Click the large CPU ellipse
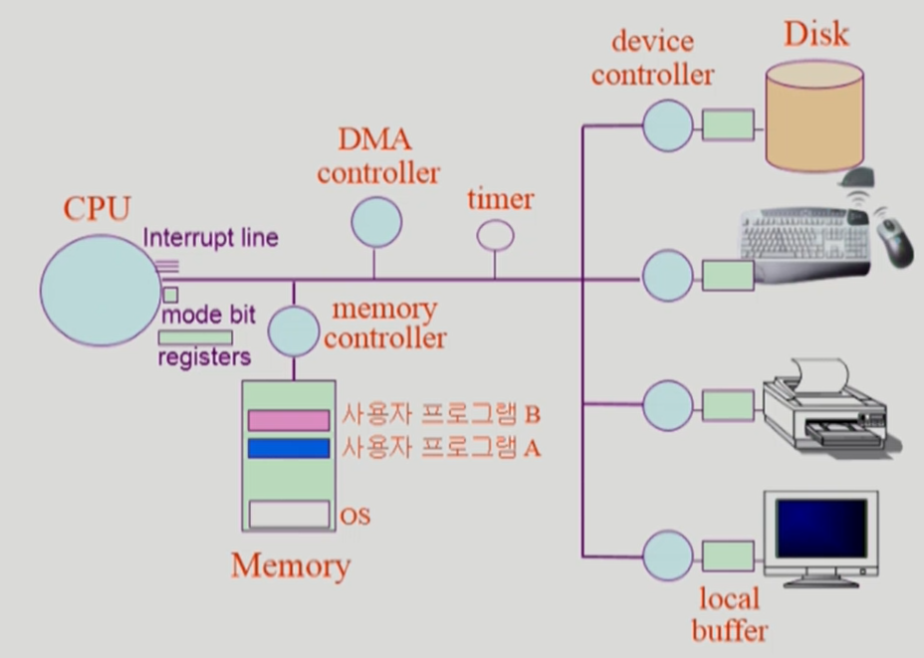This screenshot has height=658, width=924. click(95, 290)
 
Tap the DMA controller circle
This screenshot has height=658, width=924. click(375, 221)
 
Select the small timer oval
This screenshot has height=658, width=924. click(495, 236)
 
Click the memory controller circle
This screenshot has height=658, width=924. click(294, 331)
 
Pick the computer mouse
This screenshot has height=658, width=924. click(893, 240)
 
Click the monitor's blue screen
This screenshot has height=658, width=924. click(820, 528)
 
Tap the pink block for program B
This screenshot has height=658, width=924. click(289, 420)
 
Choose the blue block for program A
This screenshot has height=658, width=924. click(289, 449)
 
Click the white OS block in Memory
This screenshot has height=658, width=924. click(289, 515)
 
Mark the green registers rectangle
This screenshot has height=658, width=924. click(195, 337)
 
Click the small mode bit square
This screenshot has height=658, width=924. click(170, 296)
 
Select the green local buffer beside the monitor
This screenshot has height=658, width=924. click(728, 555)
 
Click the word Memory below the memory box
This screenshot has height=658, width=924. click(291, 565)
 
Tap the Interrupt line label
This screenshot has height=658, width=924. click(210, 238)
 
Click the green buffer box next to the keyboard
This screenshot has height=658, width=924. click(728, 276)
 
